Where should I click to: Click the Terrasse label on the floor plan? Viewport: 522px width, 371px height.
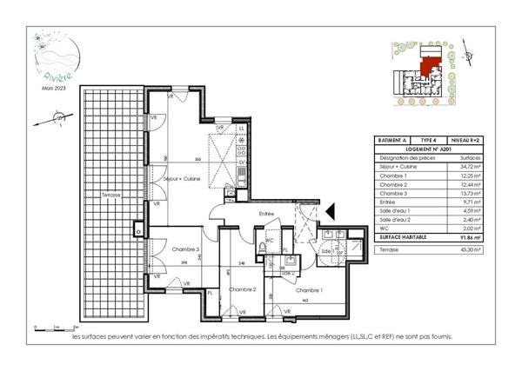point(109,195)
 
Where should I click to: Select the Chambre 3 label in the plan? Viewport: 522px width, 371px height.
point(184,249)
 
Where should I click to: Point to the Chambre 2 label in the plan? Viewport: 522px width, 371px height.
point(241,289)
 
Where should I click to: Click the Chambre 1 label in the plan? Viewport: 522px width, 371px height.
point(308,289)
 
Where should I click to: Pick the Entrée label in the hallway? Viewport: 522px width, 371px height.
point(266,213)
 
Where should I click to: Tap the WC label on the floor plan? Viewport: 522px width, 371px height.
point(270,240)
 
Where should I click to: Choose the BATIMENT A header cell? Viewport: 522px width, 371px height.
point(391,140)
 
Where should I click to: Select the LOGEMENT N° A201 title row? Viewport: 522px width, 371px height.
point(427,149)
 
